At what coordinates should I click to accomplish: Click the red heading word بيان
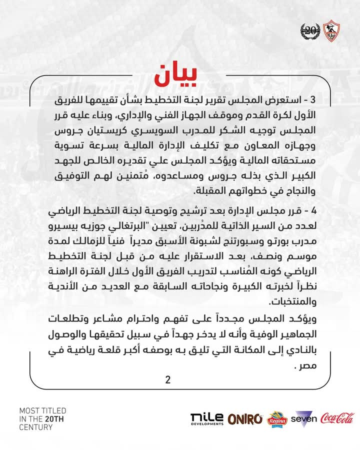point(179,75)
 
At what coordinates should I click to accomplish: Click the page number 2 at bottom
point(168,380)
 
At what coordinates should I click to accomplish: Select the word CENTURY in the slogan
point(36,427)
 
